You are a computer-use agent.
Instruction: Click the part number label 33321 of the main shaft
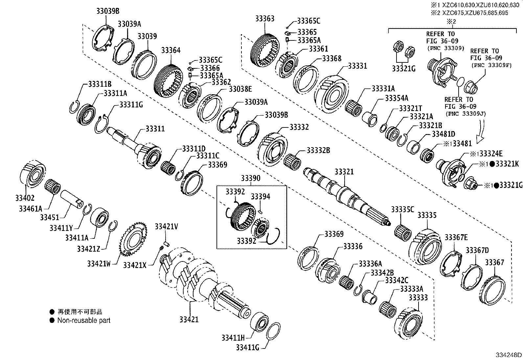(x=344, y=172)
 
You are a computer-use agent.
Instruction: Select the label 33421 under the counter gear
(x=189, y=319)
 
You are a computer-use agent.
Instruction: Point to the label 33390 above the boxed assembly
(x=250, y=178)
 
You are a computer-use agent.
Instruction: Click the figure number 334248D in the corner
(x=509, y=355)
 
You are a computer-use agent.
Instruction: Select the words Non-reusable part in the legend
(x=84, y=320)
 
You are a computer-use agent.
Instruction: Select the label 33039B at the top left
(x=108, y=11)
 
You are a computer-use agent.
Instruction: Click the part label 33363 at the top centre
(x=265, y=18)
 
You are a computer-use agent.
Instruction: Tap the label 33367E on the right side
(x=456, y=237)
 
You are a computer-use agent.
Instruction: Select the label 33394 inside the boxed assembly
(x=261, y=196)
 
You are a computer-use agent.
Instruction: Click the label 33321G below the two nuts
(x=403, y=69)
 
